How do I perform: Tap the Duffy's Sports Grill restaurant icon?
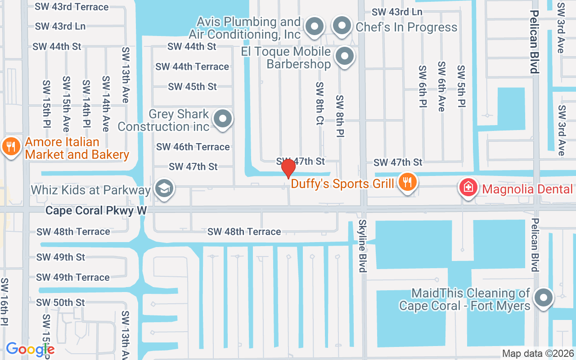[407, 182]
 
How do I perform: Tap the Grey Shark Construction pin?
[222, 120]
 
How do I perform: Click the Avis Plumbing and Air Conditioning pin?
[315, 27]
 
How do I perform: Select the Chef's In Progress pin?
[342, 26]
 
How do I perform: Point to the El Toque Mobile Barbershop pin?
[345, 57]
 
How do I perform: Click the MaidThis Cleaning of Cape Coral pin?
[544, 298]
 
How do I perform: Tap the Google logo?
[30, 349]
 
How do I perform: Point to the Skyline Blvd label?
[363, 246]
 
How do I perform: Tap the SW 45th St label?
[192, 86]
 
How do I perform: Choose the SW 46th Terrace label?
[193, 147]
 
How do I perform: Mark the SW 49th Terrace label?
[73, 277]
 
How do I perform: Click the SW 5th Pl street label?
[461, 86]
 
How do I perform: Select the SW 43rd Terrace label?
[72, 7]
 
